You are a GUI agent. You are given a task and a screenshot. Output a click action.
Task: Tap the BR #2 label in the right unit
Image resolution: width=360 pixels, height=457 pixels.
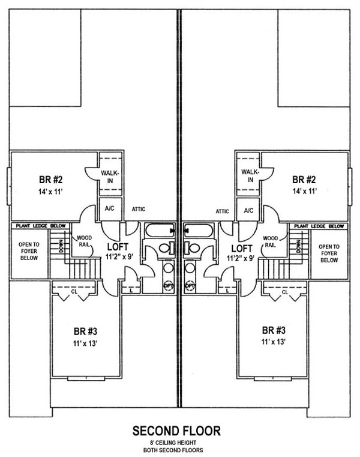[304, 179]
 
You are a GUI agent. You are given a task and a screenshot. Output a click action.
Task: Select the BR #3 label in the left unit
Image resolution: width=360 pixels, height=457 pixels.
[82, 331]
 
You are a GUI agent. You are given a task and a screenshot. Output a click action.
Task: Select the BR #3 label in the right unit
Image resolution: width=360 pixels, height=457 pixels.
[273, 331]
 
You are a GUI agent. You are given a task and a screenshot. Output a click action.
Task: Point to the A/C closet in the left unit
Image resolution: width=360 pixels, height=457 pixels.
[110, 210]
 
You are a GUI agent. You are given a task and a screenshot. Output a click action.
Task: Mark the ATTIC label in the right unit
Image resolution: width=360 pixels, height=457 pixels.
[223, 211]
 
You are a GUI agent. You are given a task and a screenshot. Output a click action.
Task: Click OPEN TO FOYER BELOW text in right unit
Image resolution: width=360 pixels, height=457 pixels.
[329, 253]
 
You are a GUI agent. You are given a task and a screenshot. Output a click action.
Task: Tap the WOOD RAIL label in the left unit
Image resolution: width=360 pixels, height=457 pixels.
[83, 241]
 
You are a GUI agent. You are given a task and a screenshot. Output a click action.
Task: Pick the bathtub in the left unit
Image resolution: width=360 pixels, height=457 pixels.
[158, 230]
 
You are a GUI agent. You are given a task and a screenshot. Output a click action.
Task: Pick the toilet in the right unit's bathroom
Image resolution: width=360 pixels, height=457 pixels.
[193, 248]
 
